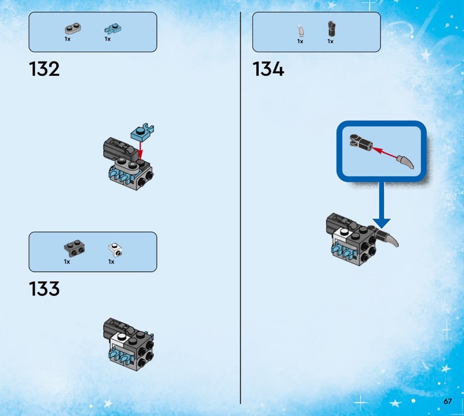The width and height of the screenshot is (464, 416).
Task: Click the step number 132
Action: tap(45, 69)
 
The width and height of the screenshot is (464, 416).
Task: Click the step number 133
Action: tap(45, 289)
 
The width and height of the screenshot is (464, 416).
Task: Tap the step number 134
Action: tap(269, 69)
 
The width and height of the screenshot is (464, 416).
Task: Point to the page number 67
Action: tap(448, 401)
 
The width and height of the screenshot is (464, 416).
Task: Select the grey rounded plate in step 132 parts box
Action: tap(73, 28)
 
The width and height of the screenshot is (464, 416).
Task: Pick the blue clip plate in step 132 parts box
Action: tap(113, 29)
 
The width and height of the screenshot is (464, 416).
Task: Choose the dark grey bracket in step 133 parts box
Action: tap(75, 248)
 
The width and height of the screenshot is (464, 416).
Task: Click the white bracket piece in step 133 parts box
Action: tap(115, 250)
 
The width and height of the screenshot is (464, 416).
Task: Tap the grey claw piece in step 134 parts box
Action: tap(301, 31)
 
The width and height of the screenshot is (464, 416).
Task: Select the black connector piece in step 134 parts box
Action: tap(331, 29)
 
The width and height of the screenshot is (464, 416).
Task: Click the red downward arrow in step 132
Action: tap(140, 151)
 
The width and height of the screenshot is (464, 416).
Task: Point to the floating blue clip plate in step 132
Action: tap(142, 132)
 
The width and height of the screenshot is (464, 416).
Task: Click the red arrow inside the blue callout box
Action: tap(384, 153)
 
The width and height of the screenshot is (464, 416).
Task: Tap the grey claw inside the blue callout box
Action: tap(405, 162)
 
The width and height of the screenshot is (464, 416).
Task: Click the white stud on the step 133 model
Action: tap(121, 336)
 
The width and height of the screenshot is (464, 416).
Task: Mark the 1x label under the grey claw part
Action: tap(300, 41)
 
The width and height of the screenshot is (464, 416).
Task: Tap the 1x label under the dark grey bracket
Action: tap(67, 262)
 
